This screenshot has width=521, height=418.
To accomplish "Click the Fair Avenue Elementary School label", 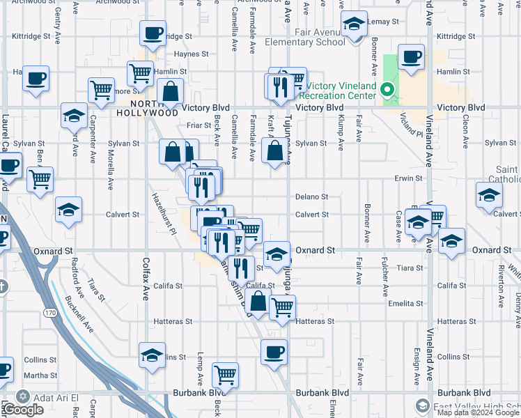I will coord(305,36).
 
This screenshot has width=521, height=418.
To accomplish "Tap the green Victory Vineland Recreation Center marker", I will coord(387,90).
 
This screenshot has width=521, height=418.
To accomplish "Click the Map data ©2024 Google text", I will coord(479,412).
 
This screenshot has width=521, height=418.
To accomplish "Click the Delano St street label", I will coord(311,197).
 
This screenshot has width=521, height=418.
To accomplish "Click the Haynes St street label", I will coord(191,54).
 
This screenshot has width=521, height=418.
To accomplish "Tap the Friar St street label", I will coord(199,125).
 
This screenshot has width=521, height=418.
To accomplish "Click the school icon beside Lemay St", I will coord(355,25).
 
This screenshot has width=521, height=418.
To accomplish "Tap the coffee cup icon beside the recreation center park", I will coord(411,58).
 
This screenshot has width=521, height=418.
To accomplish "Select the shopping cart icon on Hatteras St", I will coord(282,307).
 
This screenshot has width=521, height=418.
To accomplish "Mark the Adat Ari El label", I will coord(52,396).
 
